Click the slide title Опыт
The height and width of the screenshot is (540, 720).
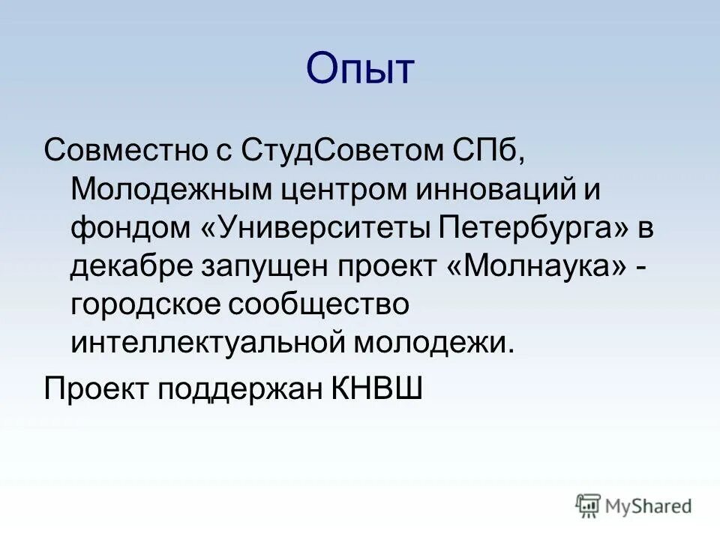pos(359,70)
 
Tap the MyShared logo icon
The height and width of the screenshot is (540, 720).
pos(587,505)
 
